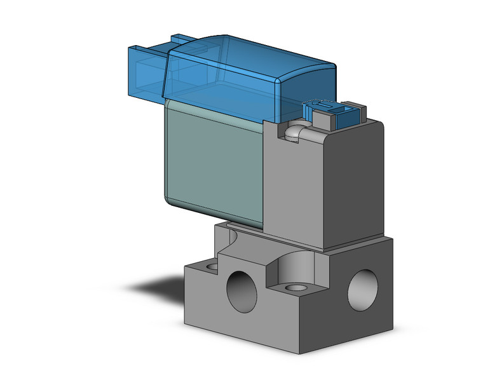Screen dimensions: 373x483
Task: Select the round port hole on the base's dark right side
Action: (x=362, y=286)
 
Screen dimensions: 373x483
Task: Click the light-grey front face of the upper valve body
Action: (x=296, y=191)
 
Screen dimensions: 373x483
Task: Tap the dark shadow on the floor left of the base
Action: (x=159, y=286)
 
